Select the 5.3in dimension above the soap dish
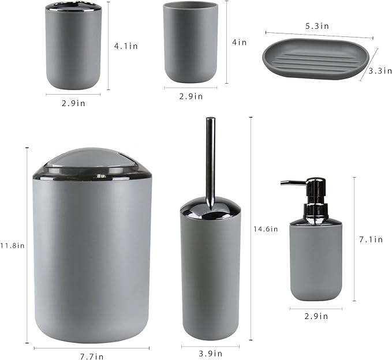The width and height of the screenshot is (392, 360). tap(317, 26)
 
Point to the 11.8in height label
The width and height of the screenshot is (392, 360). tap(13, 245)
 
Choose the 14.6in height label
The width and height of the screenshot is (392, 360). tap(266, 228)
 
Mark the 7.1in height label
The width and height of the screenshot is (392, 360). tap(371, 239)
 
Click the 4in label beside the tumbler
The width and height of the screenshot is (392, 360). tap(239, 42)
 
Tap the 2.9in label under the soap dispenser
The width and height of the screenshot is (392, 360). tap(316, 316)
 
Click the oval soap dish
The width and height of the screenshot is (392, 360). tap(315, 59)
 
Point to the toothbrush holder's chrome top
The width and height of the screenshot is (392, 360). tap(73, 7)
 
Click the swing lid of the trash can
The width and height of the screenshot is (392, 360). tap(92, 162)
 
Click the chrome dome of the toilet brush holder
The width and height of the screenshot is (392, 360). tap(210, 208)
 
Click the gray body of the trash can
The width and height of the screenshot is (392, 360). tap(92, 260)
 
